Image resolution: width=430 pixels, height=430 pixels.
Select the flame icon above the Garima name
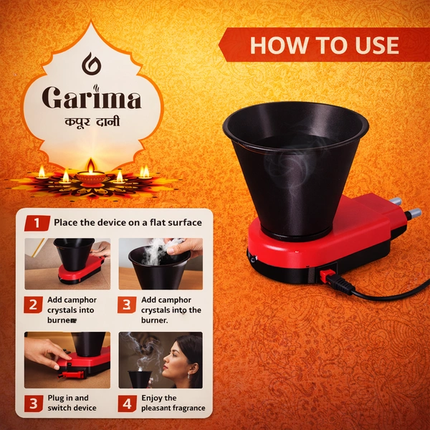point(90,64)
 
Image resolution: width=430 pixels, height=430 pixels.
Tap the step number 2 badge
point(33,305)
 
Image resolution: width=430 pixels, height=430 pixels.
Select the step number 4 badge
point(127,403)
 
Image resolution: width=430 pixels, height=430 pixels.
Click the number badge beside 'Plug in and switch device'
point(33,403)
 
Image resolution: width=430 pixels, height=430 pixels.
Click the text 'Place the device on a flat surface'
point(128,222)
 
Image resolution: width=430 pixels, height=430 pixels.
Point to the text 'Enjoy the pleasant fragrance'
point(173,403)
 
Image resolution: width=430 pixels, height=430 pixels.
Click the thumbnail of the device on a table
point(68,263)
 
